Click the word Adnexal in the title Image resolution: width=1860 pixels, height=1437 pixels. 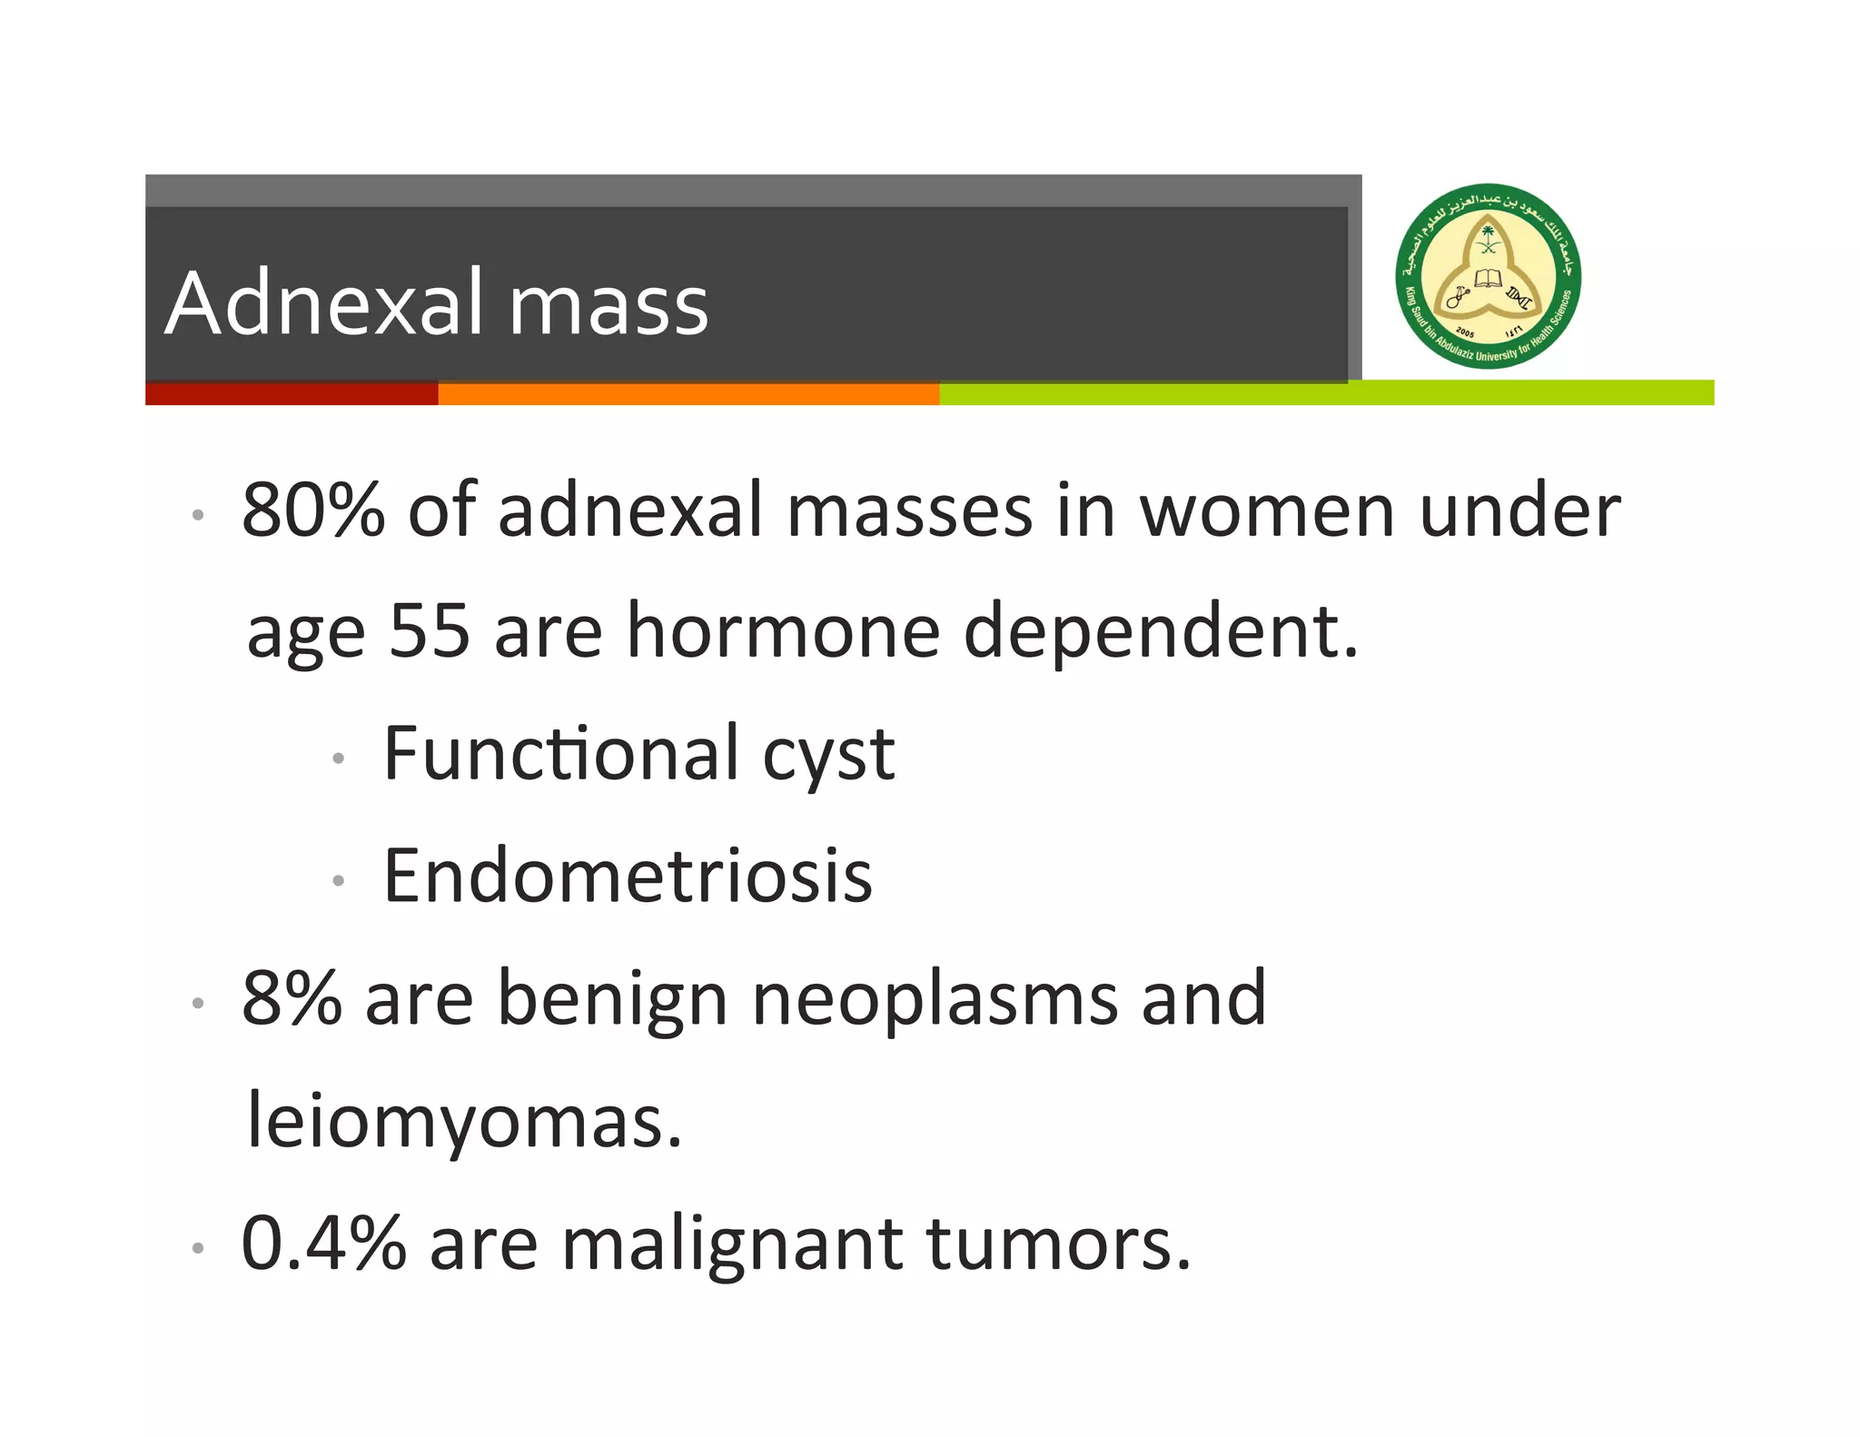click(x=325, y=303)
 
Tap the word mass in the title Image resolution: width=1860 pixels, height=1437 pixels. click(x=608, y=306)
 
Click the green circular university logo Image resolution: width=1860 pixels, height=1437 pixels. click(x=1488, y=276)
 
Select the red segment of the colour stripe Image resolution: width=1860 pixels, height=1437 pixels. click(x=291, y=393)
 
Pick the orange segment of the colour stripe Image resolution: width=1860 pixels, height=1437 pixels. click(x=688, y=393)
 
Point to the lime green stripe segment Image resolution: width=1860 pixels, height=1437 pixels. click(x=1326, y=393)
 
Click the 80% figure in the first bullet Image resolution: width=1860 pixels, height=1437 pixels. click(x=312, y=510)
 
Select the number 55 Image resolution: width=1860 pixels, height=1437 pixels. click(x=429, y=630)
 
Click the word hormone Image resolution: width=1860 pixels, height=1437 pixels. click(x=783, y=630)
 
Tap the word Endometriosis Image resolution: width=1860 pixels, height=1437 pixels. click(x=628, y=876)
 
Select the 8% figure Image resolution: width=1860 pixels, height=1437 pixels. click(x=291, y=998)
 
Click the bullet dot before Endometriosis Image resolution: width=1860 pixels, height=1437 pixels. click(x=338, y=880)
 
